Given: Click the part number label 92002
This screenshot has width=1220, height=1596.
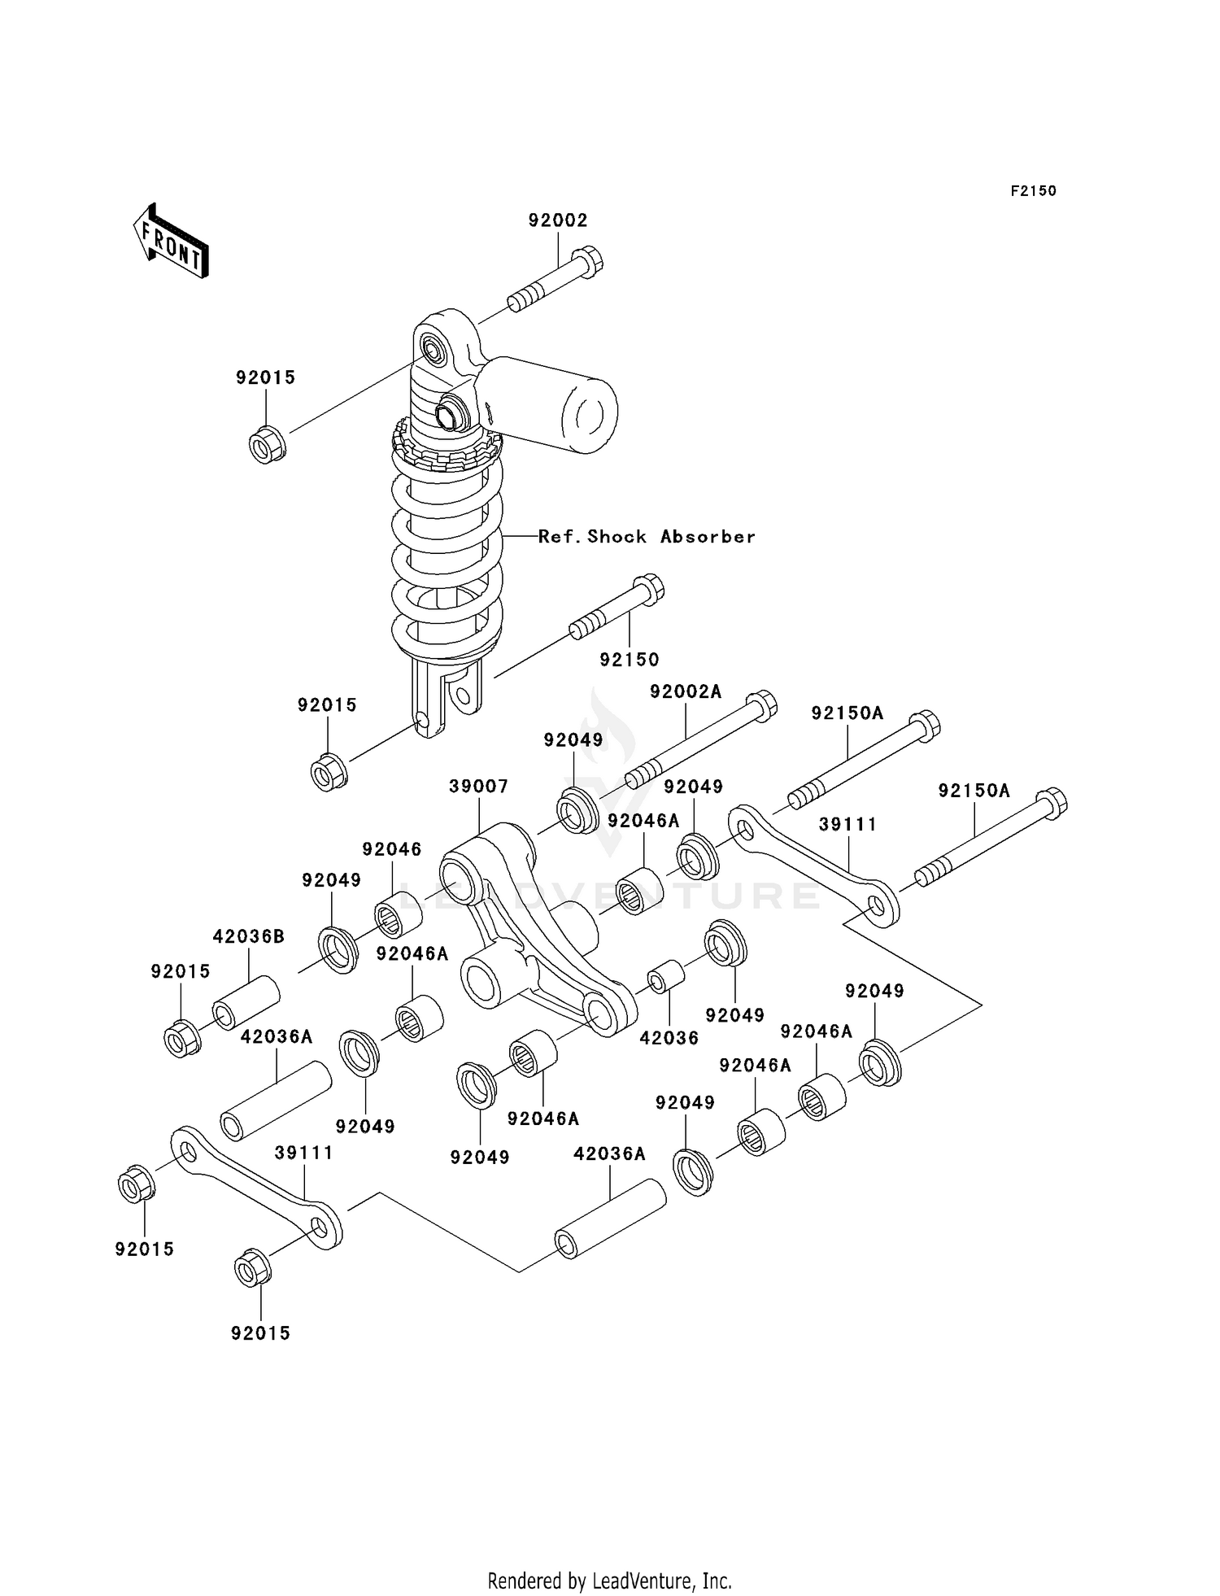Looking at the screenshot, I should [x=558, y=220].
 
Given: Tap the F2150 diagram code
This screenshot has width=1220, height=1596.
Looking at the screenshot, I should [x=1033, y=191].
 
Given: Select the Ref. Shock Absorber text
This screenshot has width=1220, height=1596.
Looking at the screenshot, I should [x=647, y=537].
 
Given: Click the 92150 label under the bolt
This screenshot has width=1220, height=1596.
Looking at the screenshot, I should [x=630, y=660].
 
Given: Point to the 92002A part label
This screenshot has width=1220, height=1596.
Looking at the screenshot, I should [x=686, y=692].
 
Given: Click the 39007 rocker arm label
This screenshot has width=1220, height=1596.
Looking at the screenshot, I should [x=479, y=787].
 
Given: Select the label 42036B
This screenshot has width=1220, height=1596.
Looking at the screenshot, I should [x=249, y=936].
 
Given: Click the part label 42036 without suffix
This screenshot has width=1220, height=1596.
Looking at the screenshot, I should [x=669, y=1038].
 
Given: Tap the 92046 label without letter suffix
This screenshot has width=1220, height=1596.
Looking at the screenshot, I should [x=392, y=849].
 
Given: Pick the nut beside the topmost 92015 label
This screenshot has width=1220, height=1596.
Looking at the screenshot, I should [x=267, y=444].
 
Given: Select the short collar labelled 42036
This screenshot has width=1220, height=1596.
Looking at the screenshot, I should [x=665, y=978].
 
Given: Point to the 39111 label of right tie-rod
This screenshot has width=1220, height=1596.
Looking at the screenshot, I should [x=847, y=825].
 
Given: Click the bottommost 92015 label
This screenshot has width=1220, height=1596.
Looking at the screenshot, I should [x=260, y=1333].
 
